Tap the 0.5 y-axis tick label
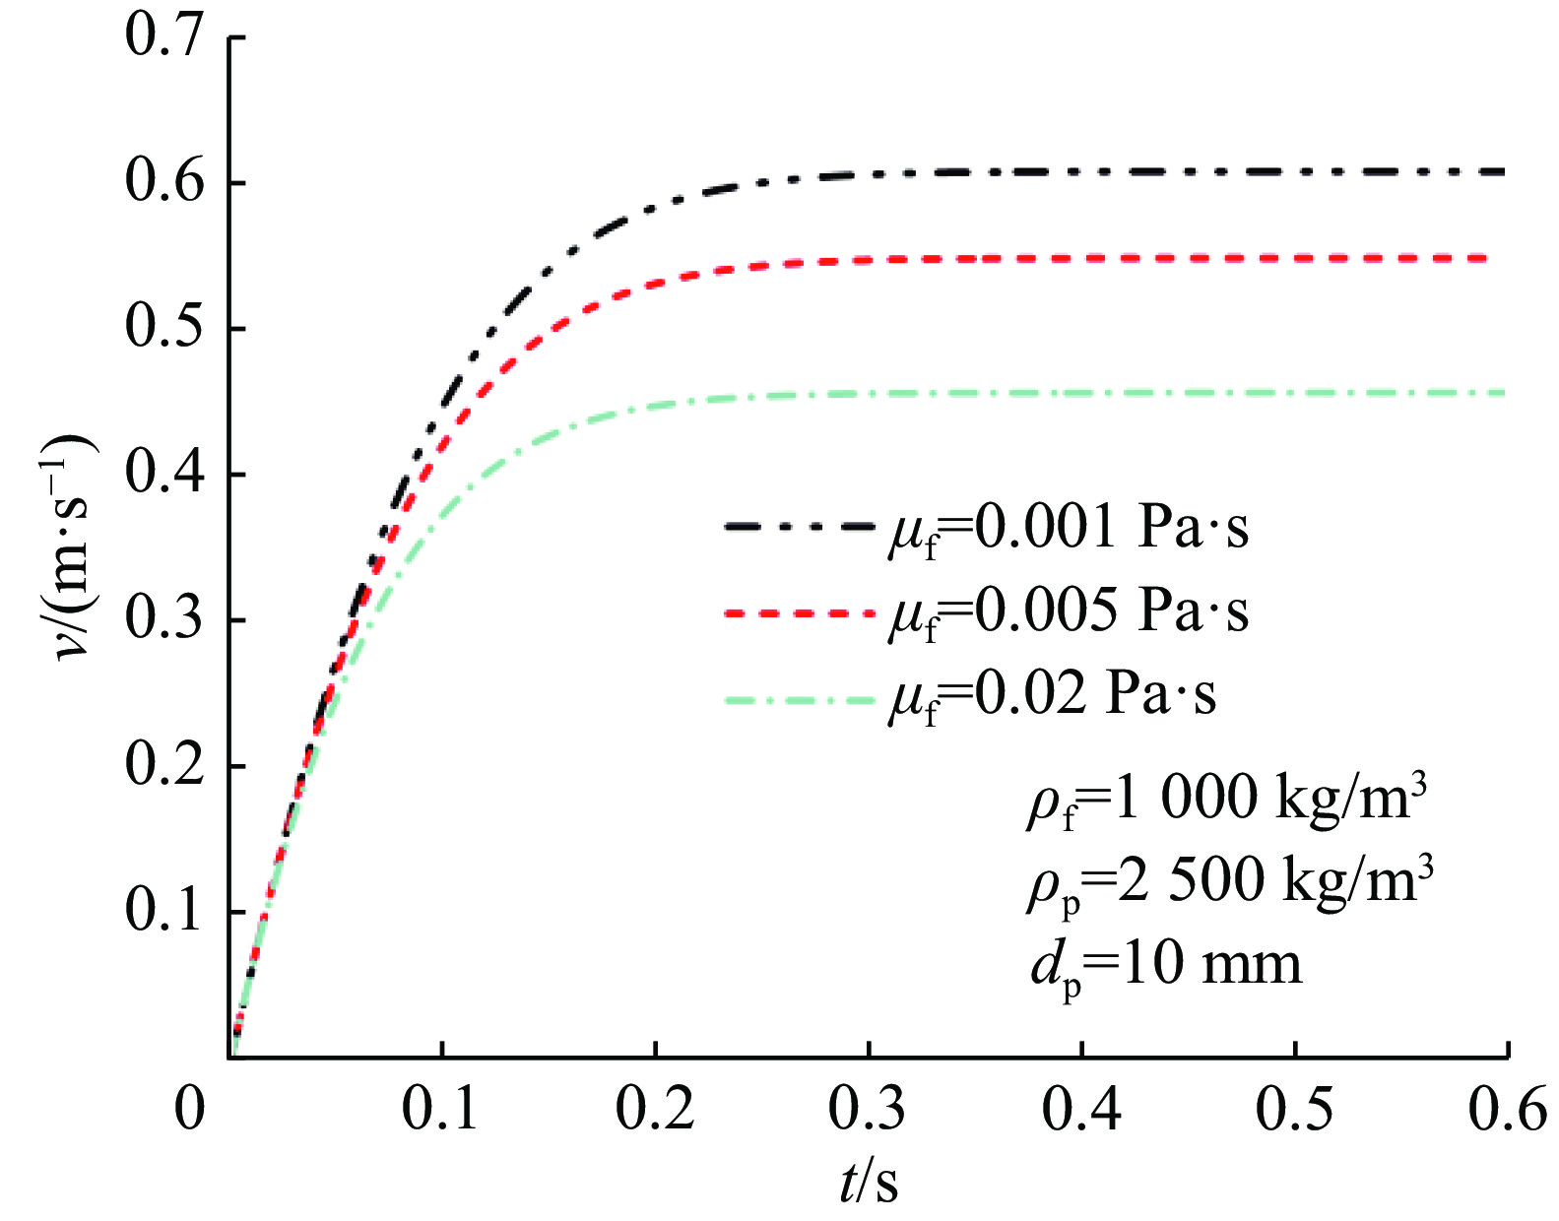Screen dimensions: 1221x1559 164,328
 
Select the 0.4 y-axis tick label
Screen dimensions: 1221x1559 164,474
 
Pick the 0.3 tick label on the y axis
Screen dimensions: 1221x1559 164,619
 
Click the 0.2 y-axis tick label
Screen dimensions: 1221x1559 164,765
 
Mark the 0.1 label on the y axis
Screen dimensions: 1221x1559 164,911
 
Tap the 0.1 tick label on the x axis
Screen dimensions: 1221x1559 440,1109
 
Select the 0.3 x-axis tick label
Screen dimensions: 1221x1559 867,1109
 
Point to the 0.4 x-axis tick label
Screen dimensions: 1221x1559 1080,1109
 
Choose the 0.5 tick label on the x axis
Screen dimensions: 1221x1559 1294,1109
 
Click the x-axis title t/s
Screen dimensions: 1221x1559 869,1182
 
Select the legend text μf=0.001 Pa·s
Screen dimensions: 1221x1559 1068,530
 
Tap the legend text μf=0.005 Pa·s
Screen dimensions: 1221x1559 1068,613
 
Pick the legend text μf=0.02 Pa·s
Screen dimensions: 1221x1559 1052,696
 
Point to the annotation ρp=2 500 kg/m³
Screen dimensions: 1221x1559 1229,879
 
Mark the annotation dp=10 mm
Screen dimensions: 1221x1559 1166,965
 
